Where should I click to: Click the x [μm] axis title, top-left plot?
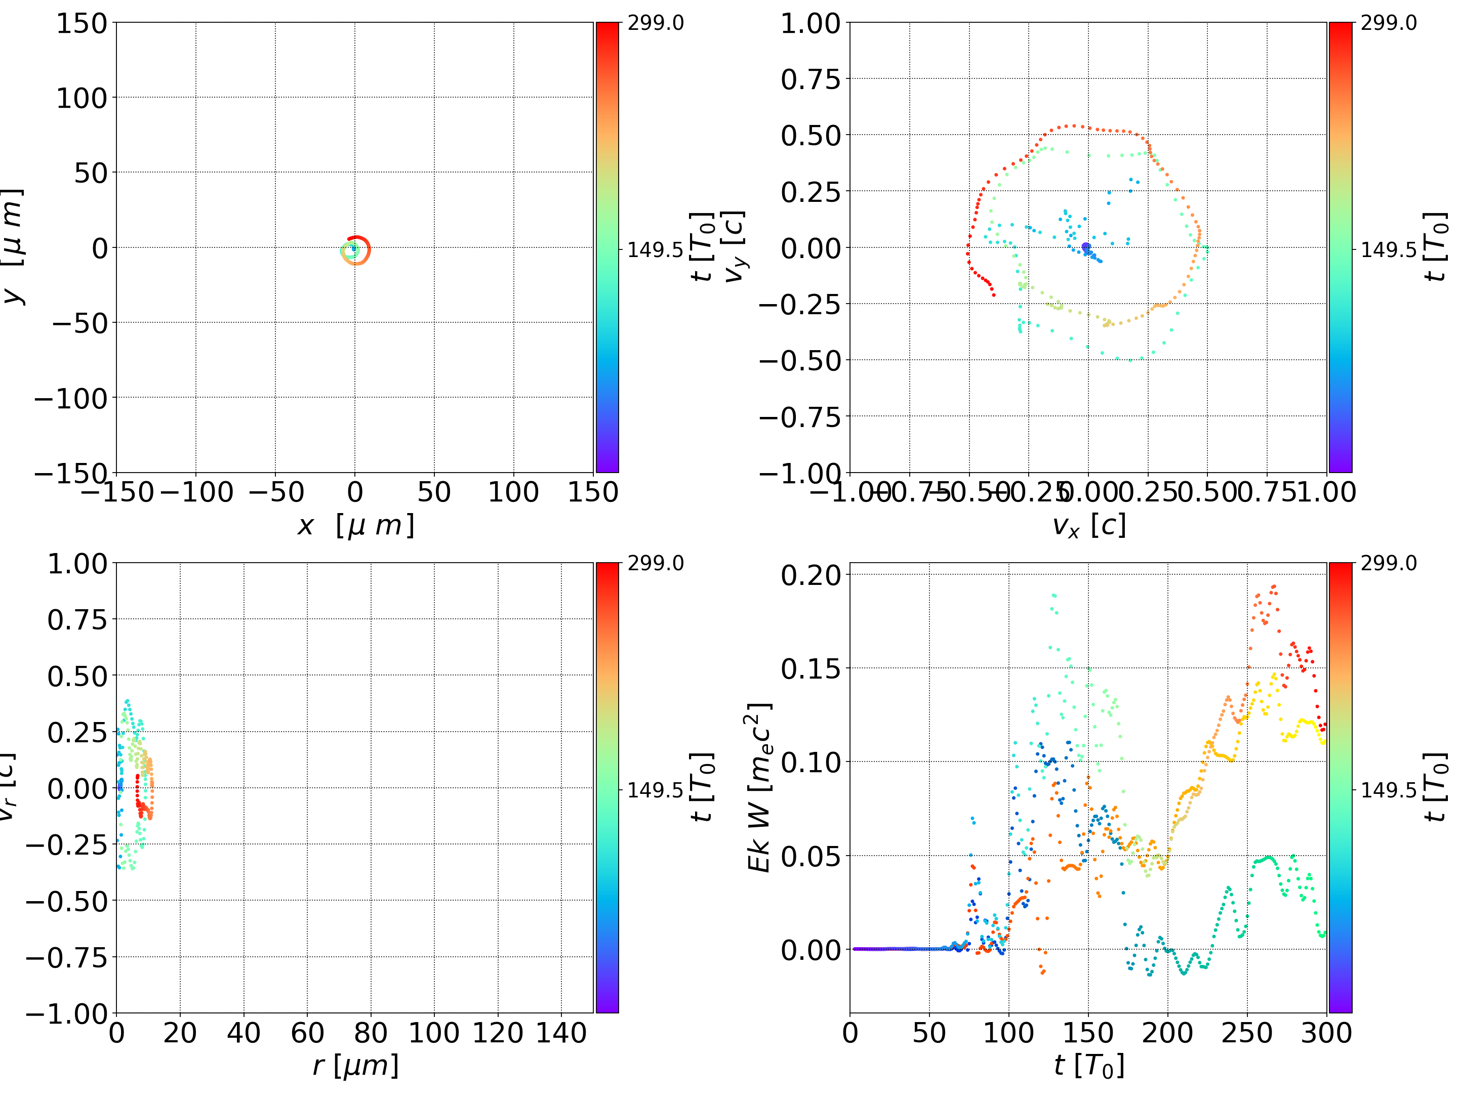coord(355,526)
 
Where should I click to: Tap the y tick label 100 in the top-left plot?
coord(81,98)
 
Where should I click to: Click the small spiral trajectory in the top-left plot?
coord(356,250)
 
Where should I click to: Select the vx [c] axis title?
coord(1088,526)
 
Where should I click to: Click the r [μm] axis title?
coord(355,1066)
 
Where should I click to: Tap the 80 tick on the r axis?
coord(371,1033)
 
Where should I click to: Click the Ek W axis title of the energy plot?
coord(759,787)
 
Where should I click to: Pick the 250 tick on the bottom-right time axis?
coord(1246,1033)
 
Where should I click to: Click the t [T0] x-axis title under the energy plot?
coord(1088,1066)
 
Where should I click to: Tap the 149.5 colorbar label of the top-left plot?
coord(655,250)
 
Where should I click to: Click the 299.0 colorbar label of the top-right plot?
coord(1388,23)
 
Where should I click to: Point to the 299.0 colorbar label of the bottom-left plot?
coord(655,563)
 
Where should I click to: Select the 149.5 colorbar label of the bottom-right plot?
coord(1388,790)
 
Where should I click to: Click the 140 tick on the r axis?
coord(561,1033)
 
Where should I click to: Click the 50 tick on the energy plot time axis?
coord(929,1033)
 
